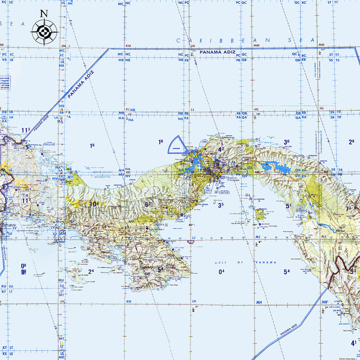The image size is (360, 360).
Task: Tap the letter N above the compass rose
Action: click(44, 13)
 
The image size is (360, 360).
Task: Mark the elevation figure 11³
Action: click(25, 130)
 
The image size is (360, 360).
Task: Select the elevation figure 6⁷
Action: click(148, 204)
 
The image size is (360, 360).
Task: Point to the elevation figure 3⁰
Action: click(287, 142)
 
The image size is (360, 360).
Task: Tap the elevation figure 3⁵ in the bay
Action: click(221, 205)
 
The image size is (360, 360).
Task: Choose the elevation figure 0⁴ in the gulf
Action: click(221, 272)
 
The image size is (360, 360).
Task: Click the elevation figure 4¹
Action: click(353, 343)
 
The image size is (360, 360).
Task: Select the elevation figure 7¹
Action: click(348, 209)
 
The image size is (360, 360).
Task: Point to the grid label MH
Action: click(259, 302)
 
